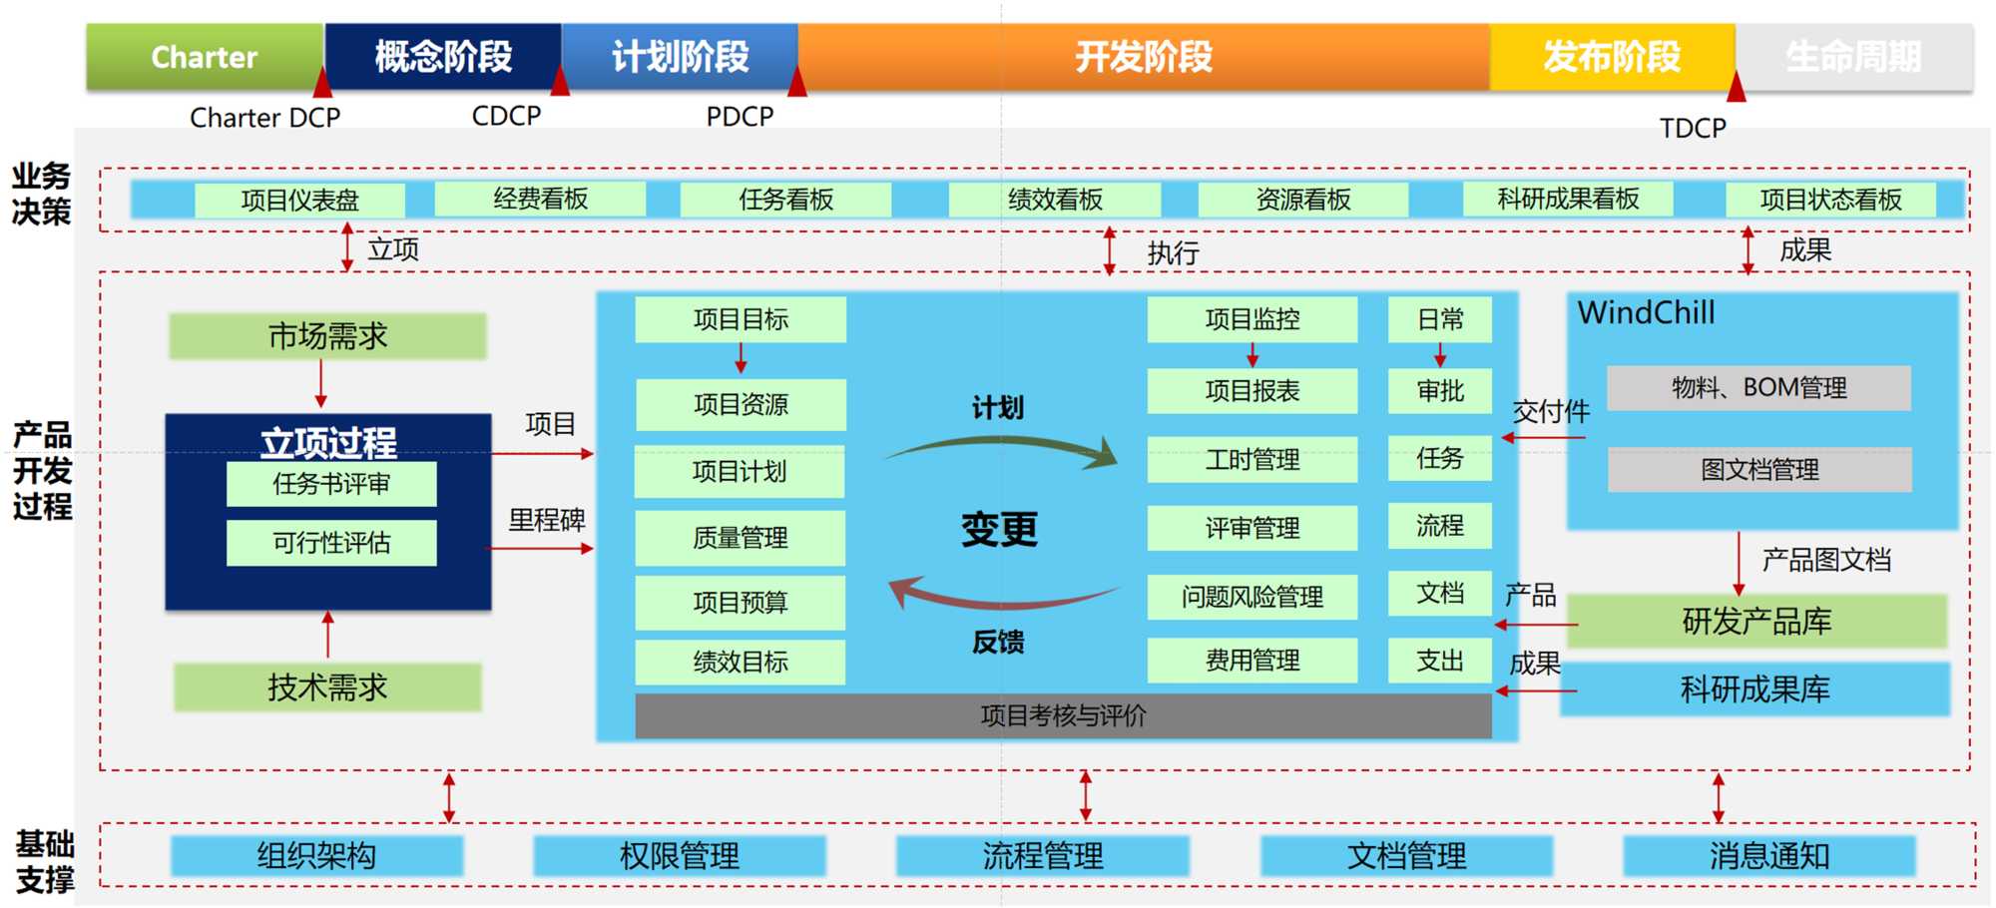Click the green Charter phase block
(205, 57)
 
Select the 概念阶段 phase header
(443, 57)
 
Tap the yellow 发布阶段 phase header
(1612, 57)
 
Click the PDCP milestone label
(740, 117)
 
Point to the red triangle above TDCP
(1737, 88)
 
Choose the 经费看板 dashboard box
(540, 199)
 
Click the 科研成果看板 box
(1568, 199)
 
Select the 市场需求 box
(327, 336)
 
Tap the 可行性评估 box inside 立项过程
(331, 543)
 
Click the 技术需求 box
(327, 687)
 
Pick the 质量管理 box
(740, 538)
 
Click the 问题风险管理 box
(1251, 597)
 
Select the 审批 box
(1440, 391)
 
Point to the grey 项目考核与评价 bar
(1063, 715)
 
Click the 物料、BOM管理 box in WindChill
(1758, 387)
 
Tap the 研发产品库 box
(1756, 622)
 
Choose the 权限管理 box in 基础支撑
(680, 856)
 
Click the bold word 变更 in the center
(999, 529)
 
